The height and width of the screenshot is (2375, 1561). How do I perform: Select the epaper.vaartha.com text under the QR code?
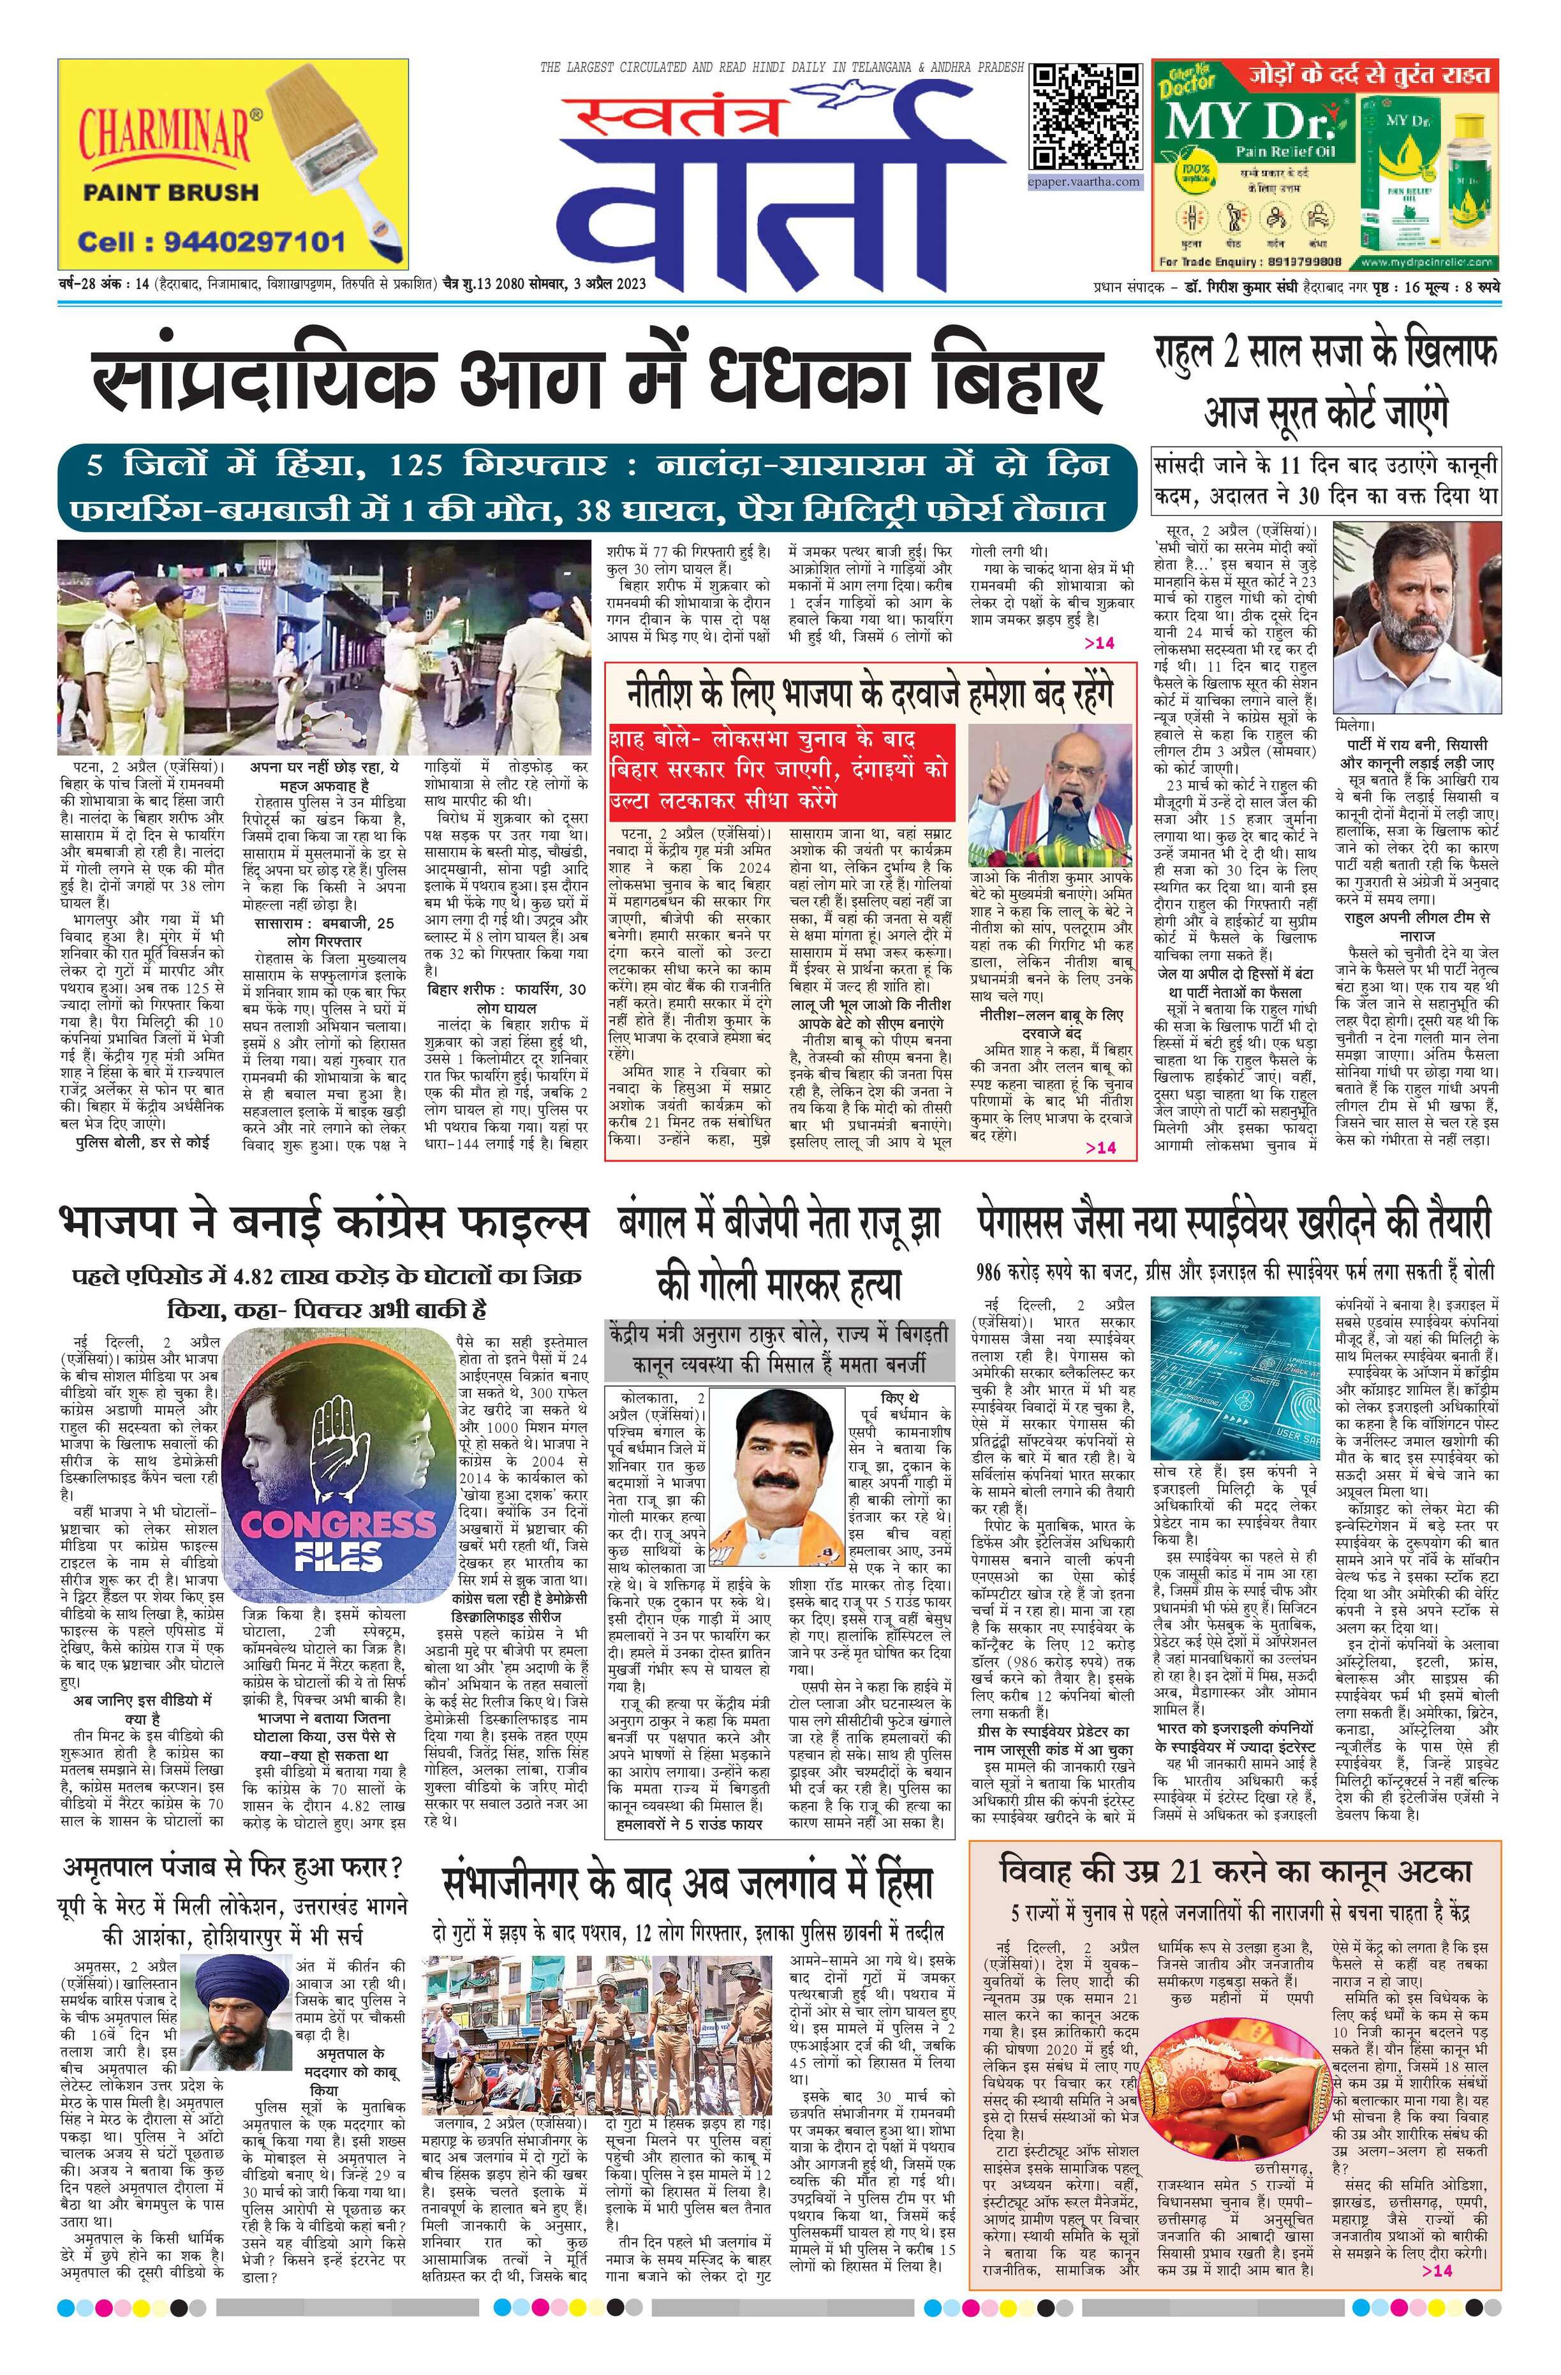click(x=1086, y=182)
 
